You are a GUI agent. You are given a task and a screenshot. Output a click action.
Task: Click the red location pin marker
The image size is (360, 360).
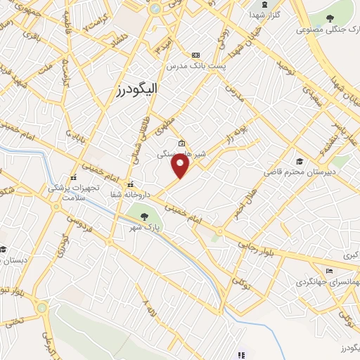point(181,166)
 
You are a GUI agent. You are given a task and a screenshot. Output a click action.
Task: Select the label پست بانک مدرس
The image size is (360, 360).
point(195,65)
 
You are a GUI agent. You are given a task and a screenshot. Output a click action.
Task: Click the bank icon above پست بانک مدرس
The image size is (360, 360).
point(195,55)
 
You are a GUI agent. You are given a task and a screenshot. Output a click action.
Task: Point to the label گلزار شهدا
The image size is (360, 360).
point(267,14)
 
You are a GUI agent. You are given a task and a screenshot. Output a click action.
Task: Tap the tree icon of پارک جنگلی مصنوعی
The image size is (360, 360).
point(330,18)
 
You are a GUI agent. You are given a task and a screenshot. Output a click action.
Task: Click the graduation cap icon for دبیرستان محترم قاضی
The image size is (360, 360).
point(300,161)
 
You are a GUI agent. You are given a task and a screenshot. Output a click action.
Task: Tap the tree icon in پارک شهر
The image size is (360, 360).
point(146,217)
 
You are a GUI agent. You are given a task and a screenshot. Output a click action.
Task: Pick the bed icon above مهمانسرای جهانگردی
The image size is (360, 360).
point(328,271)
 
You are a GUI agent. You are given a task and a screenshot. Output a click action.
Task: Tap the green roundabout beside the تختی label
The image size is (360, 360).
point(42,308)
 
